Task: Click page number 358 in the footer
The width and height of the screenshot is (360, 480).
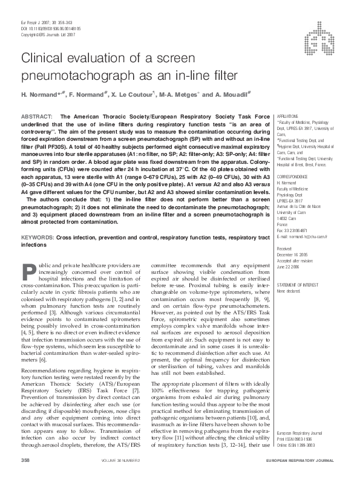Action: [x=25, y=461]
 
